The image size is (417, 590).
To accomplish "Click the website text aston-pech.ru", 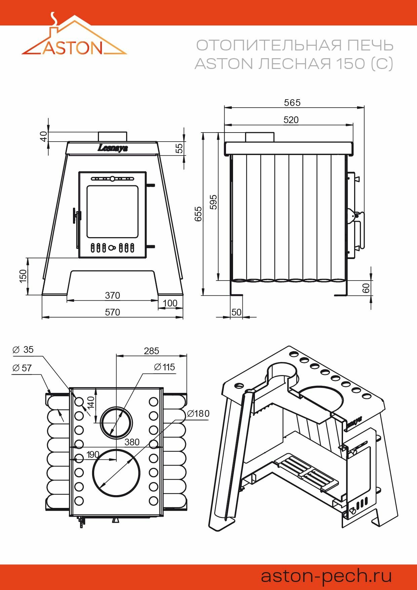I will (326, 576).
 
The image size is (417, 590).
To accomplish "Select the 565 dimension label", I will (292, 103).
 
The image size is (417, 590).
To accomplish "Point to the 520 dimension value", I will (291, 120).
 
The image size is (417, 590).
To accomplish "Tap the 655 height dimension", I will (198, 214).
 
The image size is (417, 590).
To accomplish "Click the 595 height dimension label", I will (214, 202).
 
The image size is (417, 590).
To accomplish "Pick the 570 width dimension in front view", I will (112, 312).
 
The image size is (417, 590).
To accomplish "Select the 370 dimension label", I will (112, 295).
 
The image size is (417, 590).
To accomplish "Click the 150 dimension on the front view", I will (23, 276).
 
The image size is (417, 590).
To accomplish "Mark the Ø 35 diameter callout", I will (23, 350).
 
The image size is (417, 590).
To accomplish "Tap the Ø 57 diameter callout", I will (22, 368).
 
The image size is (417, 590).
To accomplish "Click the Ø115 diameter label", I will (164, 367).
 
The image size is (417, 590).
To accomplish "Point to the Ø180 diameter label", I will (198, 413).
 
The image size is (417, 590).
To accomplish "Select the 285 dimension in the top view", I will (151, 351).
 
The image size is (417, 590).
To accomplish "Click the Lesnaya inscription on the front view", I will (113, 148).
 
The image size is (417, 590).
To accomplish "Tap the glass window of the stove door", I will (112, 212).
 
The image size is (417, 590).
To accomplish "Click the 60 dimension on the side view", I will (366, 288).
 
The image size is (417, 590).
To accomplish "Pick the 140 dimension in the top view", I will (91, 403).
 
